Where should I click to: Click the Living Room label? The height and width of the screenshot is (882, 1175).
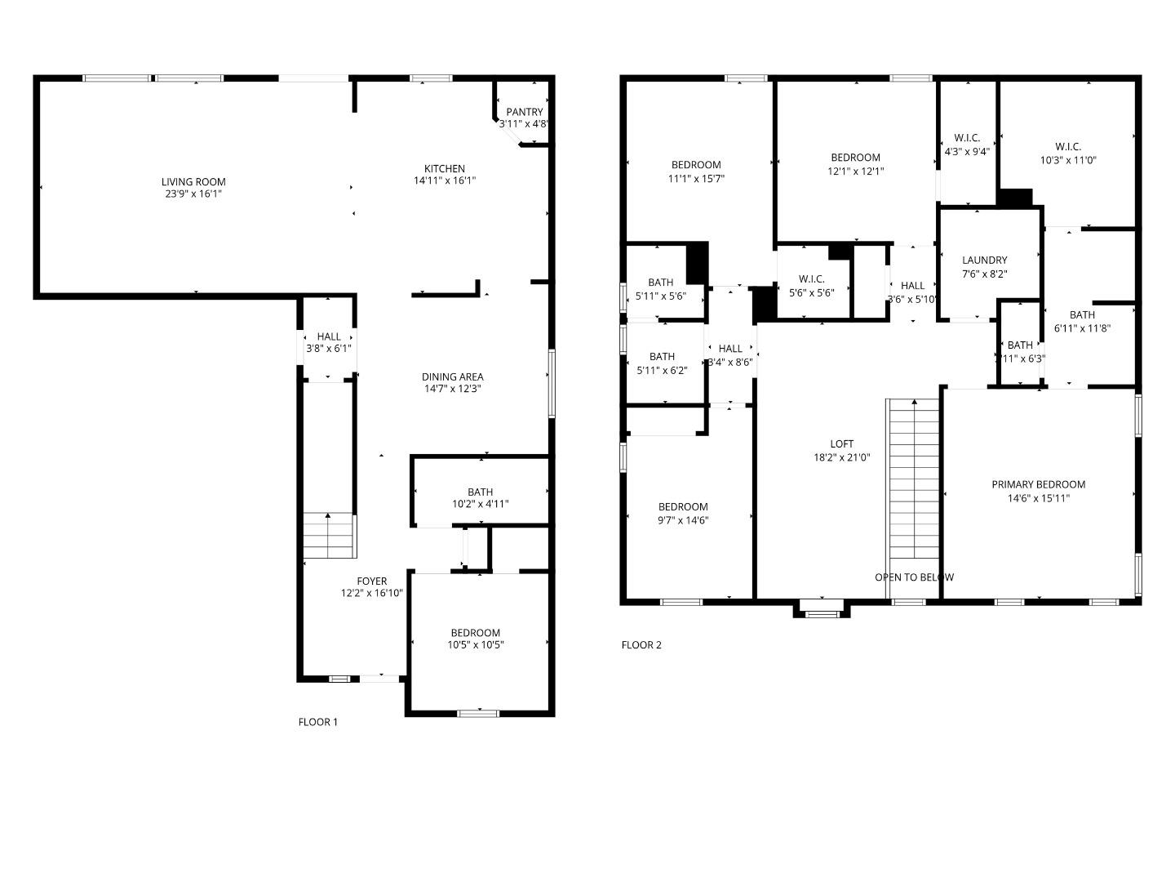click(x=193, y=182)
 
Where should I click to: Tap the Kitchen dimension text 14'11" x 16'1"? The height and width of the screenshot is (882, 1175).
click(x=444, y=180)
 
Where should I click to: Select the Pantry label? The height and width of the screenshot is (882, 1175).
click(x=524, y=112)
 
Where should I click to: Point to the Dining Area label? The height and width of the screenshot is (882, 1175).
click(x=452, y=376)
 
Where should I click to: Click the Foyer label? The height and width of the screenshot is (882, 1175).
click(x=371, y=581)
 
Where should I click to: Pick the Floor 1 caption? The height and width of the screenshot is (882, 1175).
click(x=317, y=722)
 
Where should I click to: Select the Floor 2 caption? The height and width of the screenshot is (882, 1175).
click(x=641, y=645)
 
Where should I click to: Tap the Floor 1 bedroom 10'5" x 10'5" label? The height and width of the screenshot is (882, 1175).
click(x=475, y=633)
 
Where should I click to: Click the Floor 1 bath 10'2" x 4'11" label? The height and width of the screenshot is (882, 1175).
click(x=480, y=492)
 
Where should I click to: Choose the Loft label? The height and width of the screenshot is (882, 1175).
click(x=841, y=444)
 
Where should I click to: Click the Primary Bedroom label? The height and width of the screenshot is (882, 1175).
click(x=1038, y=484)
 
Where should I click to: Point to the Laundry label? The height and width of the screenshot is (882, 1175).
click(x=984, y=261)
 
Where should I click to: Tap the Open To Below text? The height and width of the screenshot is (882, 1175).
click(x=914, y=577)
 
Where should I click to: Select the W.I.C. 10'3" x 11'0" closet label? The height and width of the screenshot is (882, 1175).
click(x=1067, y=147)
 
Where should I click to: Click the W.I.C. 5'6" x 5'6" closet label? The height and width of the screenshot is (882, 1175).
click(x=811, y=279)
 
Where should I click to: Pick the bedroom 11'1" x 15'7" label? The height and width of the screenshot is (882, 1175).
click(x=696, y=165)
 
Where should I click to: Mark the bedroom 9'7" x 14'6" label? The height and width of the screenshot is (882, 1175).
click(x=683, y=506)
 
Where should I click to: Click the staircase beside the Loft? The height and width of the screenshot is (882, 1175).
click(x=913, y=482)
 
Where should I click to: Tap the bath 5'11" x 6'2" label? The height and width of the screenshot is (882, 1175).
click(x=662, y=357)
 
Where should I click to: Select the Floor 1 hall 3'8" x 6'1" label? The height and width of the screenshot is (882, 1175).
click(x=329, y=336)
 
